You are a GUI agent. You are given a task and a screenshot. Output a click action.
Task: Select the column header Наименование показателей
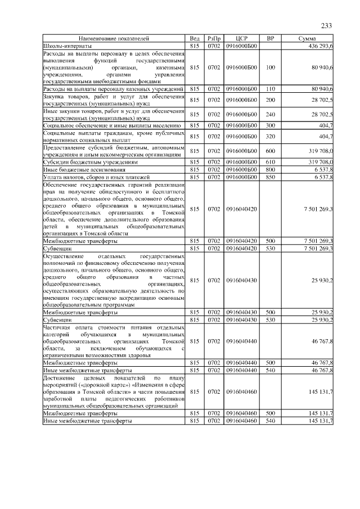pyautogui.click(x=114, y=38)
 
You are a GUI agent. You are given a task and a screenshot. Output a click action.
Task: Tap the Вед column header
pyautogui.click(x=195, y=38)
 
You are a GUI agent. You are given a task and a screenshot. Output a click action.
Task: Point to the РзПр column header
pyautogui.click(x=213, y=38)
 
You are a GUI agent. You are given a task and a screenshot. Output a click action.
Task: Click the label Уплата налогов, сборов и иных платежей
pyautogui.click(x=91, y=177)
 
